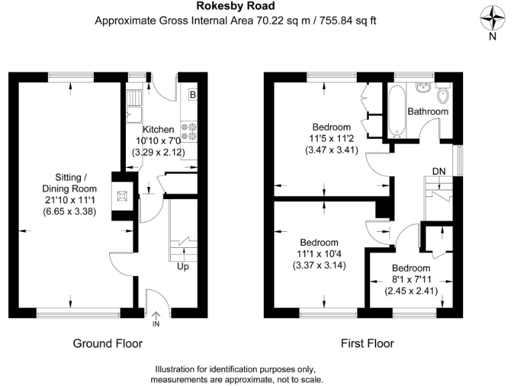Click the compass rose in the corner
492,18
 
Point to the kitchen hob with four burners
189,130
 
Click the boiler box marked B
193,94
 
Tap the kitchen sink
131,106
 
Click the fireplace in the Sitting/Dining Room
121,196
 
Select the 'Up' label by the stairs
182,266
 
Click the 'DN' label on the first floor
438,172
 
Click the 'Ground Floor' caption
108,343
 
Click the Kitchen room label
158,129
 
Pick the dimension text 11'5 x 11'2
331,139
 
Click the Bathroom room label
428,111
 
